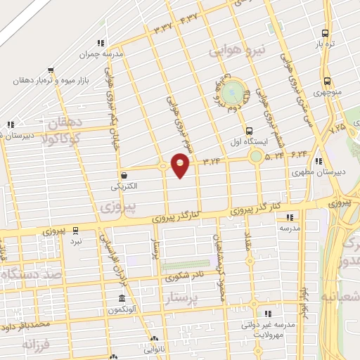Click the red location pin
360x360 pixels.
click(x=181, y=164)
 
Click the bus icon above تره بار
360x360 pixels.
click(x=324, y=32)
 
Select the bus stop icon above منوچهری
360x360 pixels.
click(x=327, y=81)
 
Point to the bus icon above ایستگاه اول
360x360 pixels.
click(x=249, y=130)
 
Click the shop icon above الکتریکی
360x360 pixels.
click(x=124, y=176)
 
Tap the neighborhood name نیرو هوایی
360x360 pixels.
click(x=239, y=51)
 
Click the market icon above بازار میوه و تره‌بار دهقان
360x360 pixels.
click(x=51, y=70)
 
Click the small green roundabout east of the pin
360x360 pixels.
click(x=257, y=156)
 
